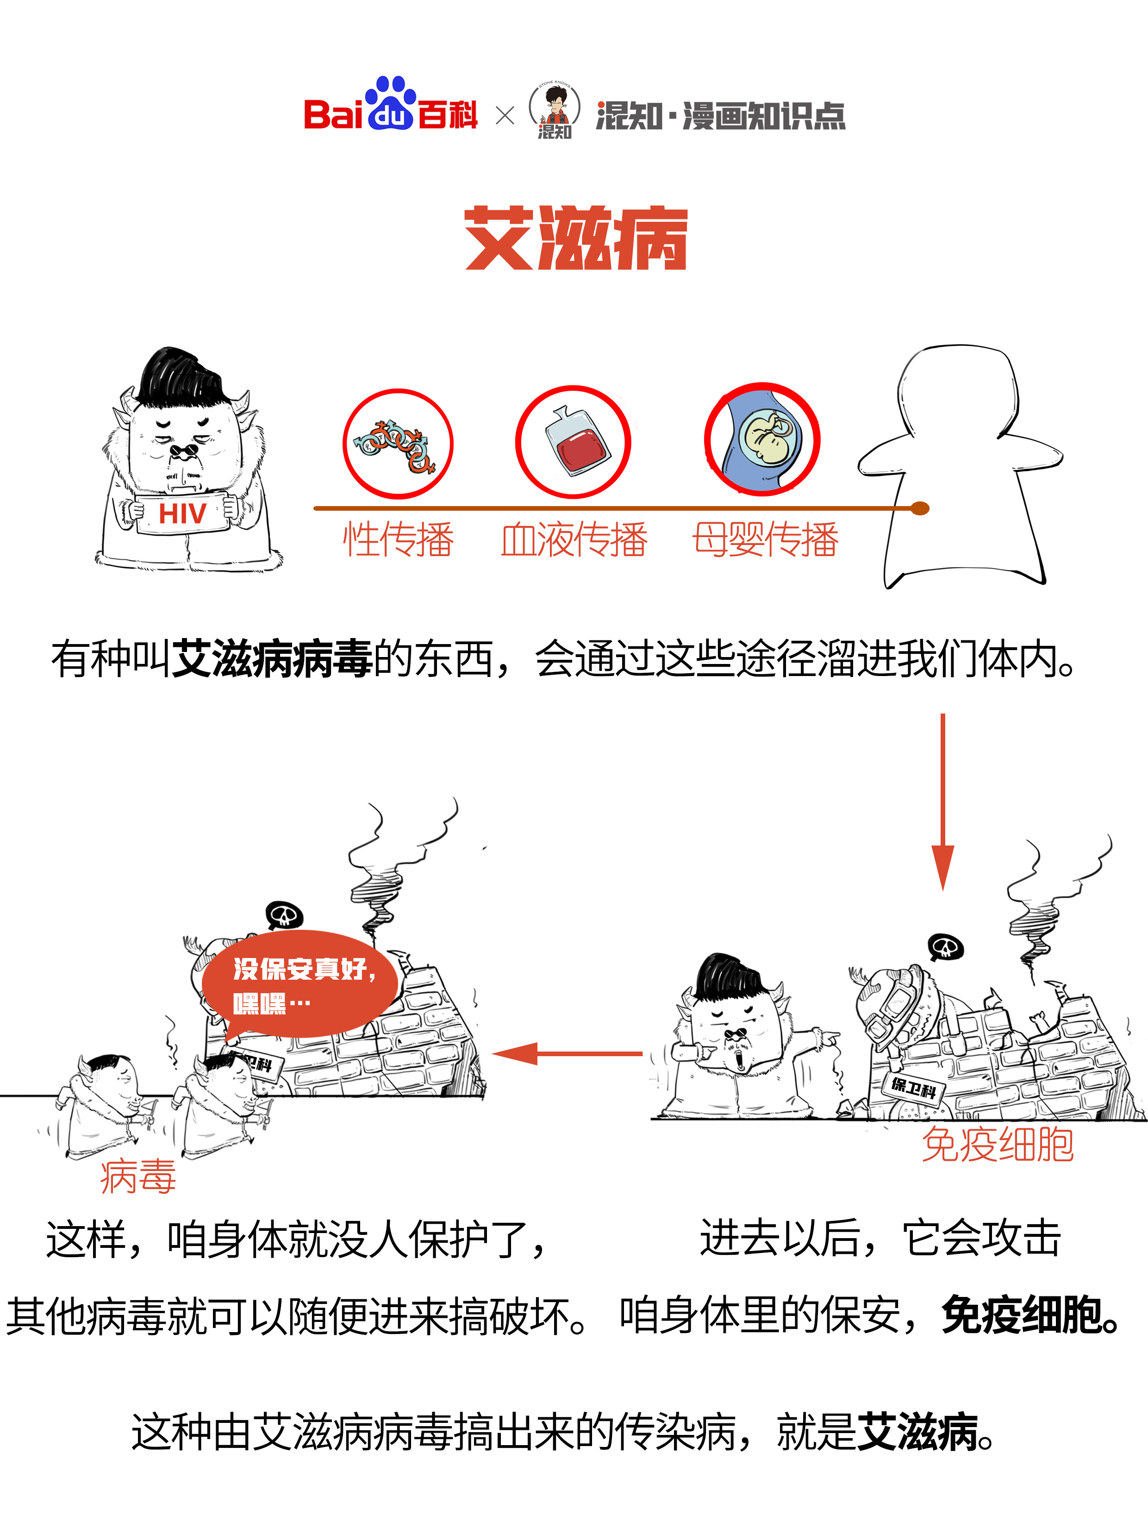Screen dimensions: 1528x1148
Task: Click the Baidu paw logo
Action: (391, 104)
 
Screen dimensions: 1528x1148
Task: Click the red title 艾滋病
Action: (575, 238)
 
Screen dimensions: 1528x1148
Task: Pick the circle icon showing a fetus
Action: (762, 439)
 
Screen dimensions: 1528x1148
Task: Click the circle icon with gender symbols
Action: (398, 443)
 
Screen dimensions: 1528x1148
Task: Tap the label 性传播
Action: (399, 539)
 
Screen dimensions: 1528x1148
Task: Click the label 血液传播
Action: (574, 539)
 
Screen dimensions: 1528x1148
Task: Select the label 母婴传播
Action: (765, 539)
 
